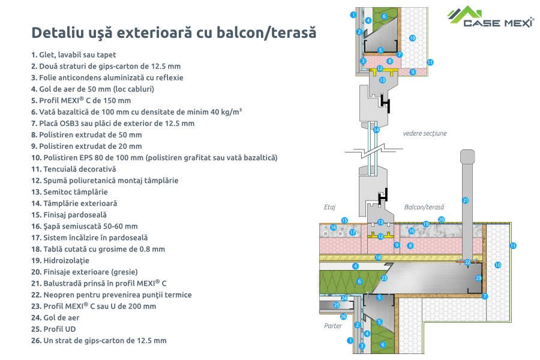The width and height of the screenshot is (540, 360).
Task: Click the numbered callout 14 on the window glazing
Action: pyautogui.click(x=376, y=130)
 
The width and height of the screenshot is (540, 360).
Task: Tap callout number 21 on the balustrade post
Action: pyautogui.click(x=465, y=200)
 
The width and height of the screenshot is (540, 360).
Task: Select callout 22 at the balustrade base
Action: pyautogui.click(x=467, y=262)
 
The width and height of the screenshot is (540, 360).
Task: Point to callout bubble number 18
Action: pyautogui.click(x=378, y=257)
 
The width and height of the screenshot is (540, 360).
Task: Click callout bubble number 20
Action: pyautogui.click(x=441, y=220)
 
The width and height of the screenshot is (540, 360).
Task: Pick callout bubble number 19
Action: pyautogui.click(x=426, y=224)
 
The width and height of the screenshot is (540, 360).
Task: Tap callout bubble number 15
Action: pyautogui.click(x=344, y=221)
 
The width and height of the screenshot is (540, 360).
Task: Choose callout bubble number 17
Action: pyautogui.click(x=353, y=232)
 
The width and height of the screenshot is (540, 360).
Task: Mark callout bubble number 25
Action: pyautogui.click(x=337, y=305)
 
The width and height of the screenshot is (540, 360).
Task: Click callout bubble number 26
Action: pyautogui.click(x=343, y=316)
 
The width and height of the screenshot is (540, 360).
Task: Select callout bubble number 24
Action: pyautogui.click(x=344, y=298)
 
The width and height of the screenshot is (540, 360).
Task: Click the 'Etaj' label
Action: pyautogui.click(x=329, y=207)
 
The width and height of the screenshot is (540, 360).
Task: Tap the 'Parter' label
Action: pyautogui.click(x=332, y=326)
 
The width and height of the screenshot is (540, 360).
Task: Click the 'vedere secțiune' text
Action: pyautogui.click(x=425, y=133)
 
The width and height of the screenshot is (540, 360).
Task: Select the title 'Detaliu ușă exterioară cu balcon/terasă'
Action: pyautogui.click(x=173, y=32)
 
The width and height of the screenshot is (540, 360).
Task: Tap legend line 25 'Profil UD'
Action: pyautogui.click(x=57, y=329)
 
